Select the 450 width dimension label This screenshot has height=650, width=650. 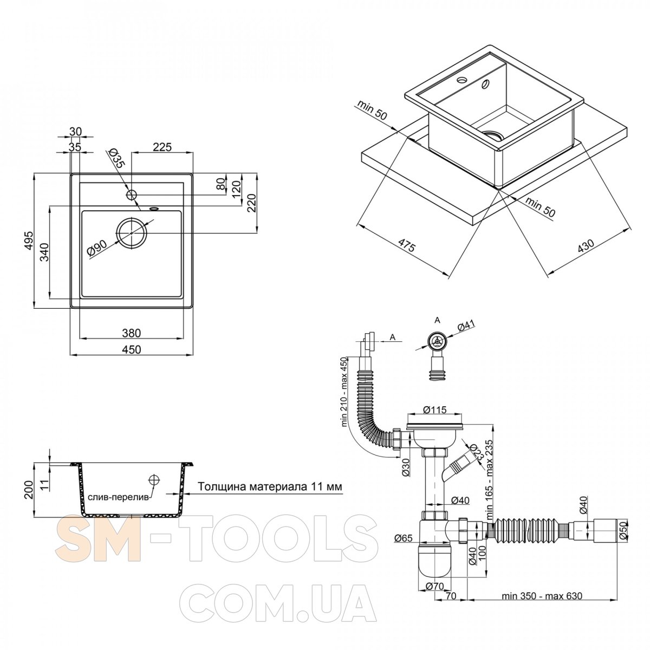pos(131,349)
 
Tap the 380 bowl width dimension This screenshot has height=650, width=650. pos(131,333)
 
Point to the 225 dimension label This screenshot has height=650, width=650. pos(162,147)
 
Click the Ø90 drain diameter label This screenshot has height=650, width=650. pos(97,249)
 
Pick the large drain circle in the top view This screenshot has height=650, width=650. pos(132,233)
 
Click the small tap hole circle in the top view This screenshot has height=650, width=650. pos(132,194)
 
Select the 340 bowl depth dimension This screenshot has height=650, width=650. pos(45,252)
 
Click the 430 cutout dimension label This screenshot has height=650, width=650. pos(586,246)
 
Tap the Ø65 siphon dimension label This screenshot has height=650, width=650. pos(404,538)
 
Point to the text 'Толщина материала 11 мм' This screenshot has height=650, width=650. pos(270,486)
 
